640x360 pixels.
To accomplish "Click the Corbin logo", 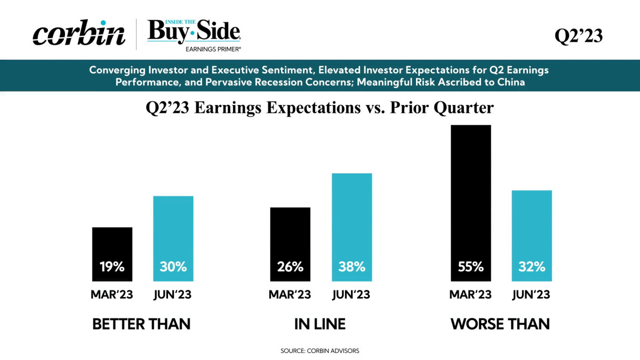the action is coord(79,33).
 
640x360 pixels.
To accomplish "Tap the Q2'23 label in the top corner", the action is coord(579,36).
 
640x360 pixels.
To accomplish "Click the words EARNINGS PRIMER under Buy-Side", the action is coord(213,49).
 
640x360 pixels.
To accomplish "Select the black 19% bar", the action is coord(113,254).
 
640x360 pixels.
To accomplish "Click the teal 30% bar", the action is coord(173,238).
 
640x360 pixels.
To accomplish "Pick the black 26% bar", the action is coord(290,244).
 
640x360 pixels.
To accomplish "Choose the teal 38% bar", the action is coord(351,227).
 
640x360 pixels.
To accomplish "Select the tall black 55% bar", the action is coord(471,203).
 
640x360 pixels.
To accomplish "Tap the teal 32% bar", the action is coord(532,236).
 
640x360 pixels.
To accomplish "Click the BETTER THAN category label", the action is coord(141,324).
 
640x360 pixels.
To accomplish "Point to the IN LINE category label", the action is coord(320,324).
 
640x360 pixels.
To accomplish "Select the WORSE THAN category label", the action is coord(500,324).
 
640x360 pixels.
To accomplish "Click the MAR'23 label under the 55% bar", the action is coord(470,294).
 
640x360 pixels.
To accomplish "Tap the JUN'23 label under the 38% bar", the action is coord(351,294).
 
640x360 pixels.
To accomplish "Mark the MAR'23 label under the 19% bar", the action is coord(111,294).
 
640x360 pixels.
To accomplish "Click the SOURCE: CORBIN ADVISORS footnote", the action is coord(319,351).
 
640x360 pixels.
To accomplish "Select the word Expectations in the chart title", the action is coord(314,108).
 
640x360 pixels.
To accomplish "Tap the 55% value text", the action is coord(471,267).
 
